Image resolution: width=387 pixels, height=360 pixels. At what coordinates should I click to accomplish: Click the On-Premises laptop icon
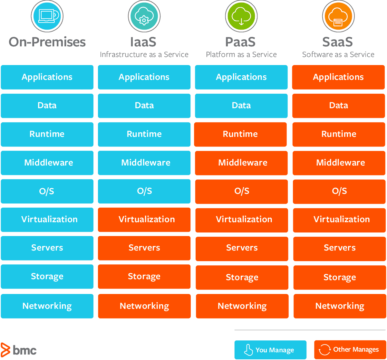click(47, 16)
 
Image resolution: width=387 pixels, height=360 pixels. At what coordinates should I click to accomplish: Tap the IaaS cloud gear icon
click(144, 16)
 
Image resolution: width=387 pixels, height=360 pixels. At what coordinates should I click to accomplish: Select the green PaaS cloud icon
click(241, 16)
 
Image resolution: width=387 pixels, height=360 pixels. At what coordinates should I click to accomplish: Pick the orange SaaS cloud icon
click(338, 16)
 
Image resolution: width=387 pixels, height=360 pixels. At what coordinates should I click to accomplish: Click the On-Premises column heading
click(47, 42)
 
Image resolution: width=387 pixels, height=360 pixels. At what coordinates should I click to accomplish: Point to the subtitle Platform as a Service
click(241, 54)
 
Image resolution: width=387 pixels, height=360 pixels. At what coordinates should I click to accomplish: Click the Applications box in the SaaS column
click(338, 77)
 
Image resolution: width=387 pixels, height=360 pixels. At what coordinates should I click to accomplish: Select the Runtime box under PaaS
click(240, 134)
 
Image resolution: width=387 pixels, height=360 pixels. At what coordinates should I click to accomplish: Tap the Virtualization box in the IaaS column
click(144, 220)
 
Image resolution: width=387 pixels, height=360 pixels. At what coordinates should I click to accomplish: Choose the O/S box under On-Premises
click(47, 191)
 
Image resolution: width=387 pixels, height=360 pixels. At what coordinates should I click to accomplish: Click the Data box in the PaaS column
click(241, 106)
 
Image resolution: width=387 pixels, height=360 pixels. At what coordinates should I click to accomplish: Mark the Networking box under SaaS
click(340, 306)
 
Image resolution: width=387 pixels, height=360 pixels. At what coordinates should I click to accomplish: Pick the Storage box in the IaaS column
click(144, 277)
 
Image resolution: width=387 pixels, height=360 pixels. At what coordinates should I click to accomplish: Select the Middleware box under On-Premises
click(47, 163)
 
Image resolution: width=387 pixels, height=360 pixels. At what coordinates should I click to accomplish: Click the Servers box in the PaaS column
click(242, 248)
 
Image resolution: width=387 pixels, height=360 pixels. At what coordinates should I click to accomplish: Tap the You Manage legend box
click(270, 350)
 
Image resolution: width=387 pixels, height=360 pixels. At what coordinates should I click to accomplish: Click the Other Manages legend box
click(350, 350)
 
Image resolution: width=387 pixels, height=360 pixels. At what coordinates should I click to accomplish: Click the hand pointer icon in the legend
click(248, 350)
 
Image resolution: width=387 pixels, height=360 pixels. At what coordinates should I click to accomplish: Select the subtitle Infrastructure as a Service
click(144, 54)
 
